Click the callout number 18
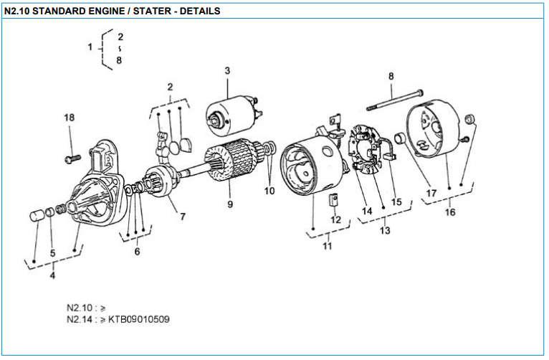(69, 117)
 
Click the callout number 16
(449, 212)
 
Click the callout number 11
(328, 247)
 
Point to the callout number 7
(183, 217)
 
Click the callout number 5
(52, 253)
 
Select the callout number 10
(269, 191)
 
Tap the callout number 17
(431, 193)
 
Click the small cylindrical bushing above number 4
(36, 214)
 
